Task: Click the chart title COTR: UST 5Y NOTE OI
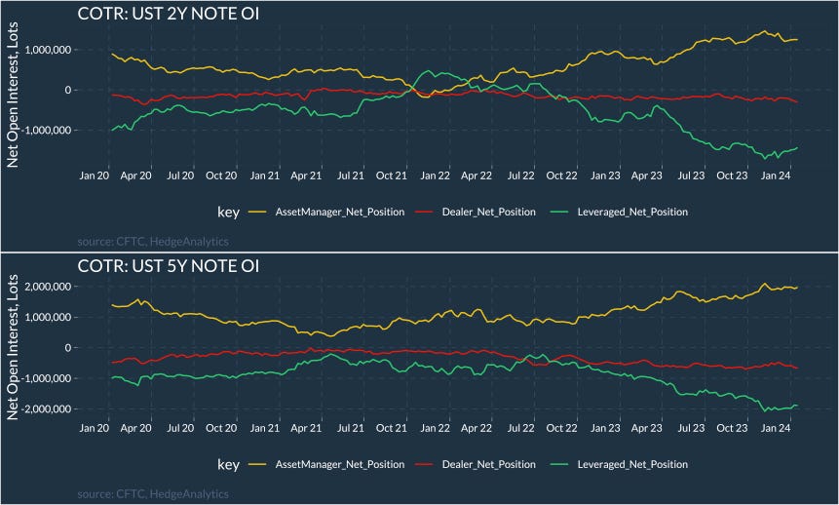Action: [168, 265]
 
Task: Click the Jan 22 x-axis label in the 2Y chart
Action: [436, 176]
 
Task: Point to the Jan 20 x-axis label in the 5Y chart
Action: [95, 429]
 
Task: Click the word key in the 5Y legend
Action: [228, 464]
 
